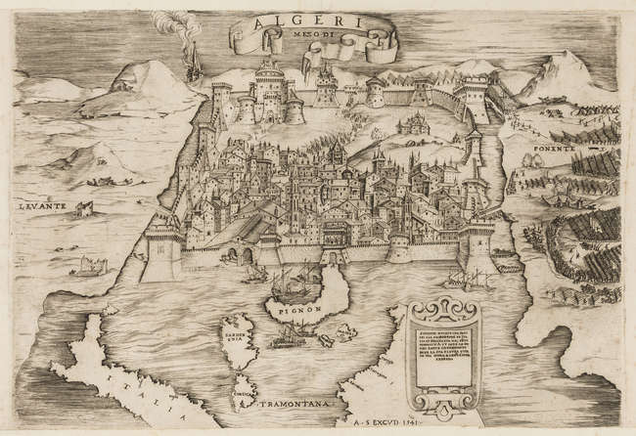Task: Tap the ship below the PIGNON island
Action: [x=287, y=337]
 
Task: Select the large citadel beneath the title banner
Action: [x=274, y=93]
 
